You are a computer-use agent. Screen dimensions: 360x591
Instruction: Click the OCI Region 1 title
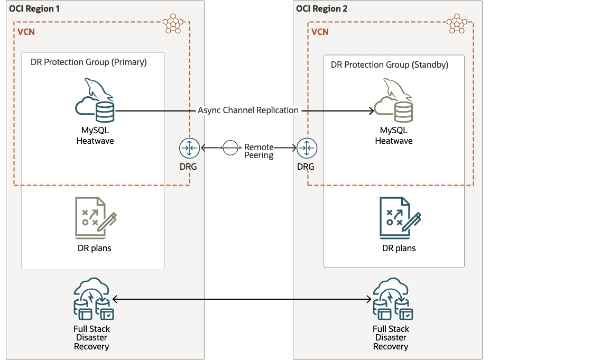(34, 9)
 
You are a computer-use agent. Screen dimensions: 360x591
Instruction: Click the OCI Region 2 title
(321, 9)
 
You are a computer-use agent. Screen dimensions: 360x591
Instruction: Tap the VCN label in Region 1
(26, 32)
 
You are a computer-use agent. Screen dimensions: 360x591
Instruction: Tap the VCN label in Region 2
(320, 32)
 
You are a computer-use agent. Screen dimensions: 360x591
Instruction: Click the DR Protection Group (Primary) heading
(89, 62)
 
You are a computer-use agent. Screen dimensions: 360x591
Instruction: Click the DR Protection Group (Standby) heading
(390, 64)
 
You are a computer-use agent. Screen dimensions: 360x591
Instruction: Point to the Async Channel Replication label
(248, 110)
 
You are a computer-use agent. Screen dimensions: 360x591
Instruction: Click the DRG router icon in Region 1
(189, 148)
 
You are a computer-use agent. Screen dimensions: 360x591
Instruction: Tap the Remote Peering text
(259, 151)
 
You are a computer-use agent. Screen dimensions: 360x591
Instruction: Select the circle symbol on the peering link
(230, 148)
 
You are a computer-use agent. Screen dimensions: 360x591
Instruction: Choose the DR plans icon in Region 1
(95, 218)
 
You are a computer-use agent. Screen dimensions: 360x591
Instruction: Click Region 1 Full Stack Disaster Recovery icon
(94, 300)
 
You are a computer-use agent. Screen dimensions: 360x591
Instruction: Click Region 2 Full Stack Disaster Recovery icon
(392, 300)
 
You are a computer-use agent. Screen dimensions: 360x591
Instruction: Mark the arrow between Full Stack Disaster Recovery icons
(243, 300)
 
